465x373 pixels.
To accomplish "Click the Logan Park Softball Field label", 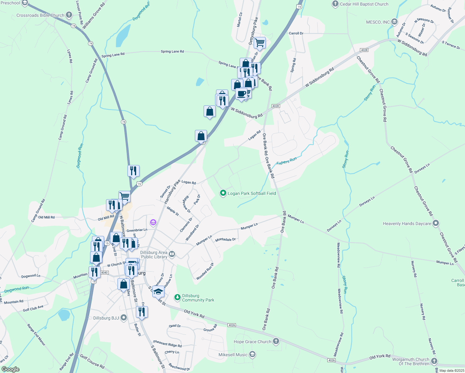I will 252,193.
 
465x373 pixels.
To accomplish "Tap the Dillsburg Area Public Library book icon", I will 172,255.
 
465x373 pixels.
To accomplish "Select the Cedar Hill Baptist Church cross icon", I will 335,4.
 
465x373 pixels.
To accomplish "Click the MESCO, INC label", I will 378,22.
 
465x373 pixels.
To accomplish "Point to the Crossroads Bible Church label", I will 40,15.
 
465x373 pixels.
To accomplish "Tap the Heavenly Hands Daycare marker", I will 436,223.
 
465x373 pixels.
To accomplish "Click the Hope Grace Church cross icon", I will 276,341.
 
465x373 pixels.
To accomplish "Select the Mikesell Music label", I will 233,355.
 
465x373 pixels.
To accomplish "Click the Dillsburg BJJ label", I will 106,318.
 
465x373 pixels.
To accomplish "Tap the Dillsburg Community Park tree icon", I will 177,298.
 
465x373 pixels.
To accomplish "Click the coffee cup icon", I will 241,94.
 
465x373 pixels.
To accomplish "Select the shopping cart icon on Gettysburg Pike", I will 260,43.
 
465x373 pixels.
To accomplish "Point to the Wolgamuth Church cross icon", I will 434,361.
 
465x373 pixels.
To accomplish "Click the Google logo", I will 10,369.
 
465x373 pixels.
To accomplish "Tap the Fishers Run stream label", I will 287,161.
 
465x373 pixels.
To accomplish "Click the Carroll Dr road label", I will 296,33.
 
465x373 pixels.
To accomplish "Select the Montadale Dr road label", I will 225,240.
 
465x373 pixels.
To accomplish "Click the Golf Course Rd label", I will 92,361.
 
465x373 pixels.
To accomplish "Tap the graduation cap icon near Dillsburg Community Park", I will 158,292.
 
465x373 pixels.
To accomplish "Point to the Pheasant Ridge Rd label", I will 167,343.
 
